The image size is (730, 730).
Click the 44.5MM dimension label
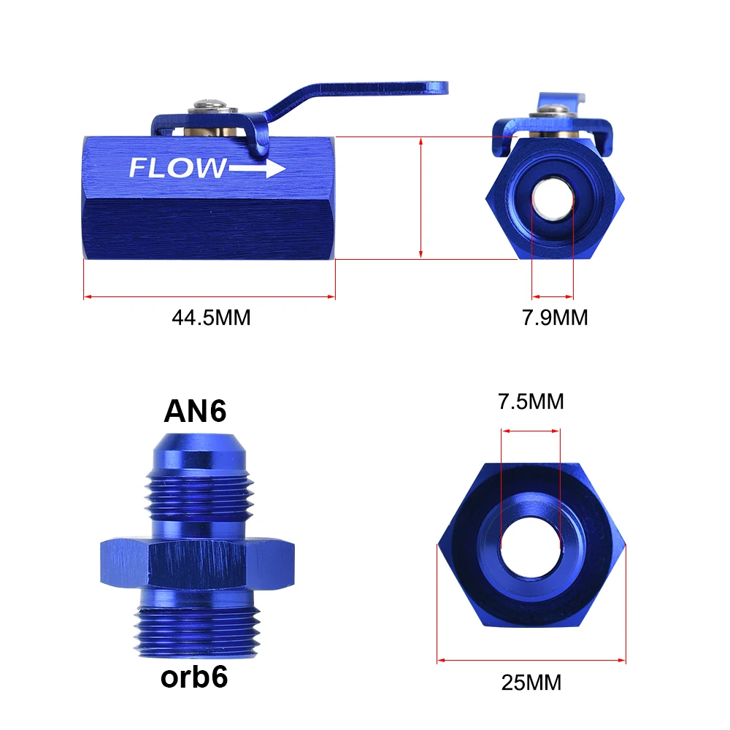pyautogui.click(x=212, y=318)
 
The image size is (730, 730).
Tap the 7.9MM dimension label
pyautogui.click(x=553, y=318)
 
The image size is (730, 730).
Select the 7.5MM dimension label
pyautogui.click(x=531, y=401)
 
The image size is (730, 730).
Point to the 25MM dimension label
pyautogui.click(x=531, y=683)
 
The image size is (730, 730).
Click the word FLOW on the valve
pyautogui.click(x=178, y=169)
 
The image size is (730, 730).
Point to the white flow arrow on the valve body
pyautogui.click(x=260, y=169)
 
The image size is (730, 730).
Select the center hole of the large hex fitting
pyautogui.click(x=531, y=546)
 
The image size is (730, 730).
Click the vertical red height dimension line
pyautogui.click(x=421, y=197)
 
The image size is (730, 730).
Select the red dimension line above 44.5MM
pyautogui.click(x=210, y=296)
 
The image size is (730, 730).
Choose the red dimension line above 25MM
pyautogui.click(x=531, y=661)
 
